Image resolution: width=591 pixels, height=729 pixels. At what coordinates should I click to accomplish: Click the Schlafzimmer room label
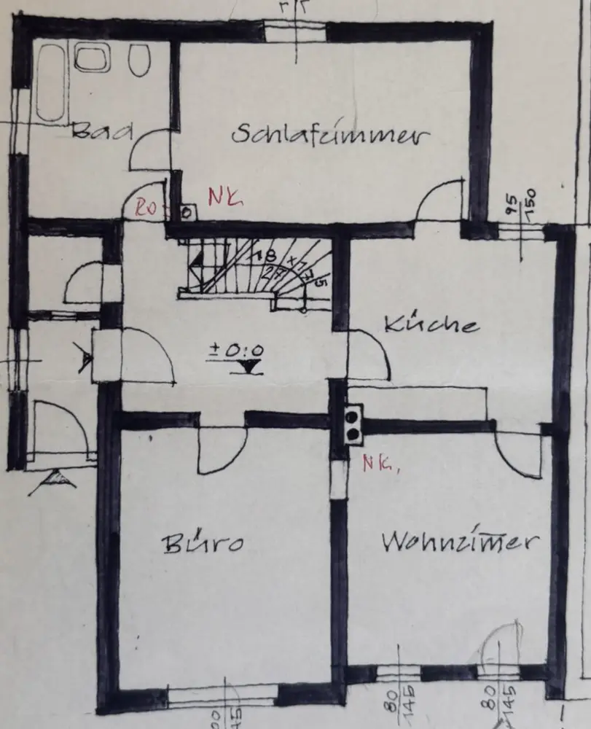[x=330, y=136]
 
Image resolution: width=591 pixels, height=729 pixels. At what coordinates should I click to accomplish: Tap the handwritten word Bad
[x=103, y=132]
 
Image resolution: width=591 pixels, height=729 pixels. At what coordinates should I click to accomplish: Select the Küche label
[x=431, y=324]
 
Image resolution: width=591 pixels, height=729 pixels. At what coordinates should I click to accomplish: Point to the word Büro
[x=202, y=543]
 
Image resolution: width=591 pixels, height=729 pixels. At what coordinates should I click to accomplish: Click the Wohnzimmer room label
[x=461, y=542]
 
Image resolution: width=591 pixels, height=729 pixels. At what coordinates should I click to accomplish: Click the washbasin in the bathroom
[x=92, y=58]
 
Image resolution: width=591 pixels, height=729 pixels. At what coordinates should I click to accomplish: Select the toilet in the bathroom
[x=138, y=60]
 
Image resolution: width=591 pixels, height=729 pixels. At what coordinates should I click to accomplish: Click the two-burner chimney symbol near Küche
[x=353, y=424]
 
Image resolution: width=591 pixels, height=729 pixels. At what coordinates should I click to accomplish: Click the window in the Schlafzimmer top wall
[x=294, y=31]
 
